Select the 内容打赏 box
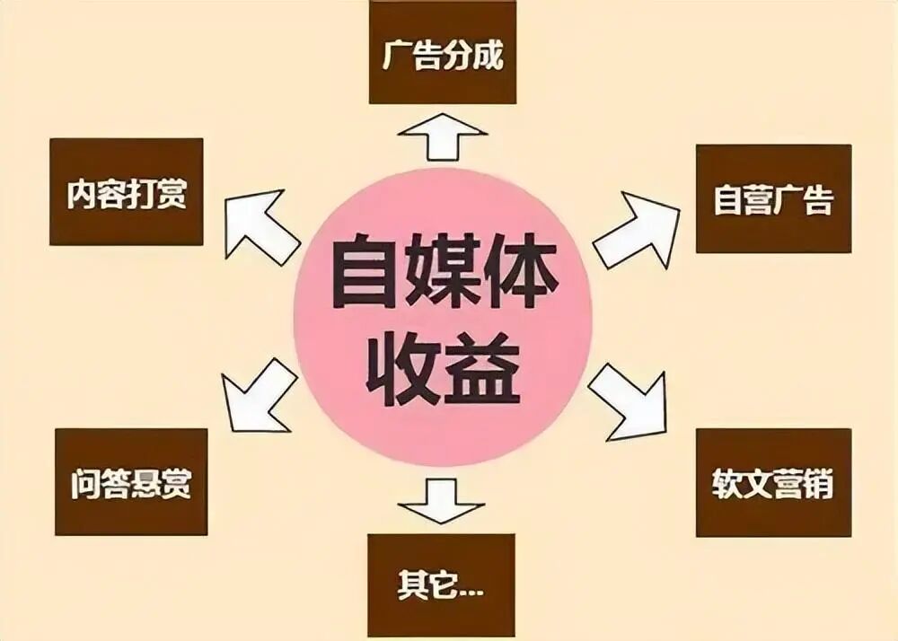click(127, 192)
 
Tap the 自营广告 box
click(773, 198)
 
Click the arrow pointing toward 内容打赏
click(261, 224)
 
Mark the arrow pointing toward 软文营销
click(629, 400)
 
